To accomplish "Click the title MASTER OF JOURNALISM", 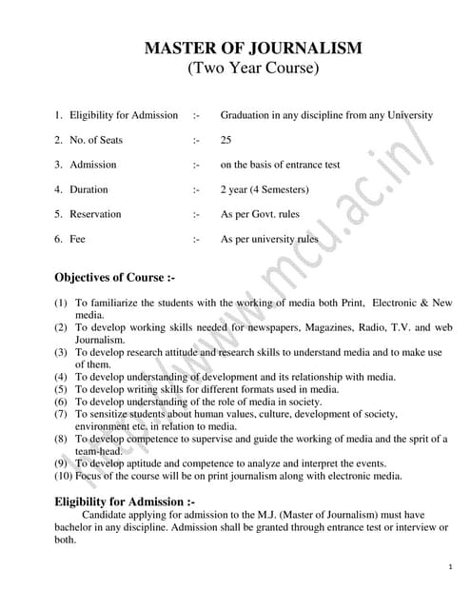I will click(253, 48).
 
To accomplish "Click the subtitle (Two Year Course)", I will click(253, 69).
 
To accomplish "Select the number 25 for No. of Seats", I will click(226, 140).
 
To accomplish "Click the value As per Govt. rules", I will click(260, 214).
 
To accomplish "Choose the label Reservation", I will click(95, 214).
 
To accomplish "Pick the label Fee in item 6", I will click(77, 239).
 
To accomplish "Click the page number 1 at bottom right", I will click(449, 567).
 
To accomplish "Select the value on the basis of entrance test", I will click(280, 165).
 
